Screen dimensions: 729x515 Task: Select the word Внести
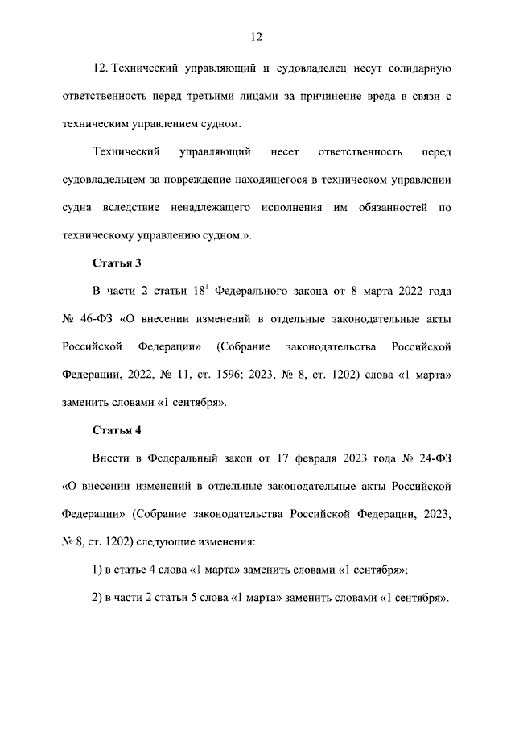click(x=113, y=458)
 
